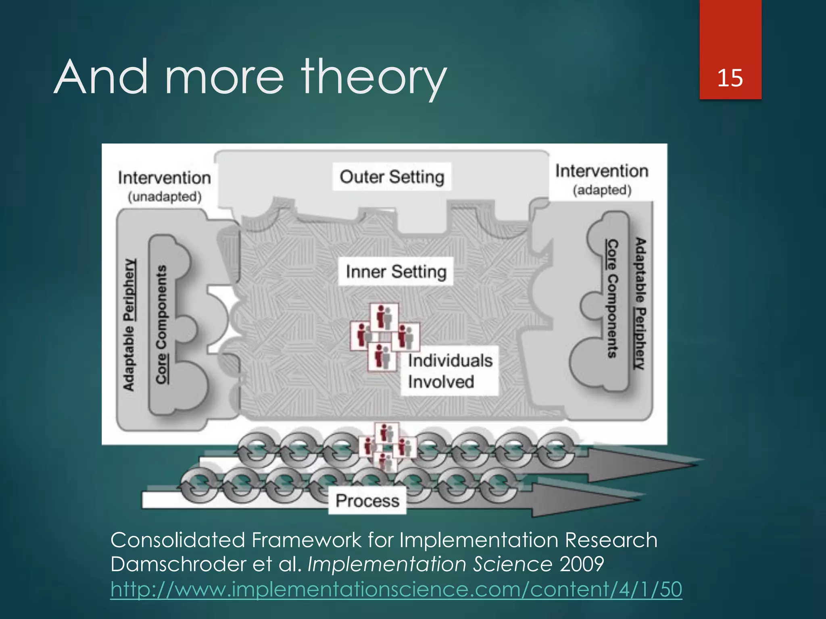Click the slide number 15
(730, 77)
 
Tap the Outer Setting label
(392, 177)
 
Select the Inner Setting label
(396, 272)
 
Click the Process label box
(367, 501)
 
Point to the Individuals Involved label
(449, 371)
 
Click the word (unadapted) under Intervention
(165, 197)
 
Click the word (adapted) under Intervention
(602, 190)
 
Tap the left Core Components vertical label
(161, 324)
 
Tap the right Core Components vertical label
(612, 298)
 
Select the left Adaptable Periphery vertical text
(129, 324)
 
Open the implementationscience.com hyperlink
(396, 589)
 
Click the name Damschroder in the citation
(177, 564)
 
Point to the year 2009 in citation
(582, 564)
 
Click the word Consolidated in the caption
(177, 540)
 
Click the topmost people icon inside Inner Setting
(384, 317)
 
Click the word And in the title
(101, 77)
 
